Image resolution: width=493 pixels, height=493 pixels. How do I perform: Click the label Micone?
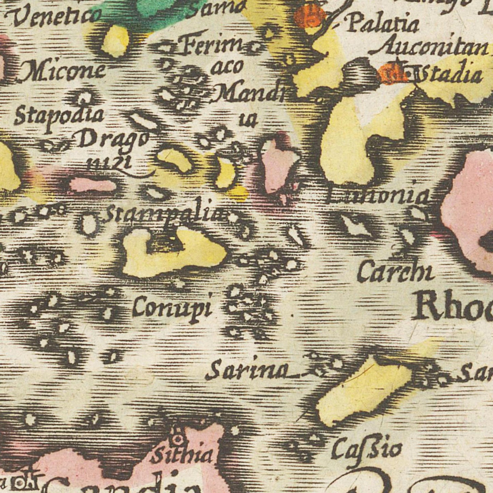[63, 71]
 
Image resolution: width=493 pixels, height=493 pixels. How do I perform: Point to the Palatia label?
[382, 25]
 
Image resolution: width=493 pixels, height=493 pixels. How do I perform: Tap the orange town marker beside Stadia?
[392, 74]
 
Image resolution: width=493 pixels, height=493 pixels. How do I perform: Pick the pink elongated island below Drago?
[93, 185]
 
